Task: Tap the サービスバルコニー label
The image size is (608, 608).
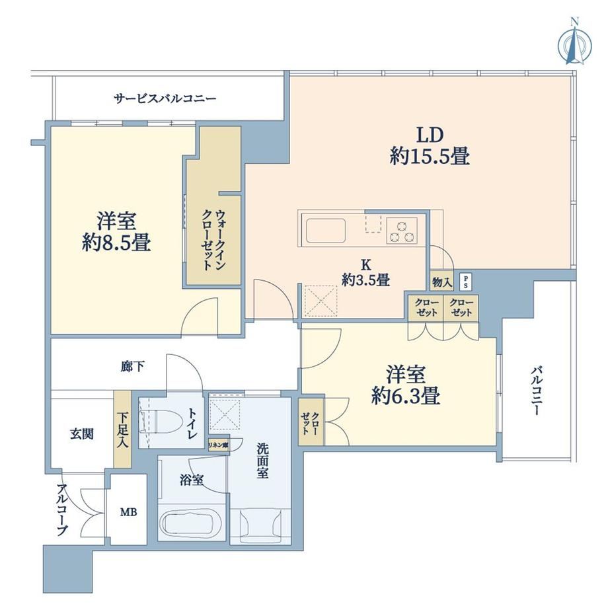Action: click(165, 98)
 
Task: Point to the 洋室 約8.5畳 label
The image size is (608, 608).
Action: click(116, 232)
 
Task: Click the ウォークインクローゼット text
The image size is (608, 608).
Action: click(213, 240)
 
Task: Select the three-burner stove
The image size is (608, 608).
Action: click(402, 231)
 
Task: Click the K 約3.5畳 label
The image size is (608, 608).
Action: click(365, 273)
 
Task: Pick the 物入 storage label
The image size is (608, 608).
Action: click(442, 282)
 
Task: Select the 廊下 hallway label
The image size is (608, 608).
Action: click(133, 366)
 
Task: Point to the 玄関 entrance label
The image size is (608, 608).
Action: click(82, 434)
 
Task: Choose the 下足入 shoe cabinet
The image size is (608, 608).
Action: click(122, 429)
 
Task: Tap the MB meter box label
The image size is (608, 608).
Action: click(128, 512)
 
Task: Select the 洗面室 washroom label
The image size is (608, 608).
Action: click(262, 461)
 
